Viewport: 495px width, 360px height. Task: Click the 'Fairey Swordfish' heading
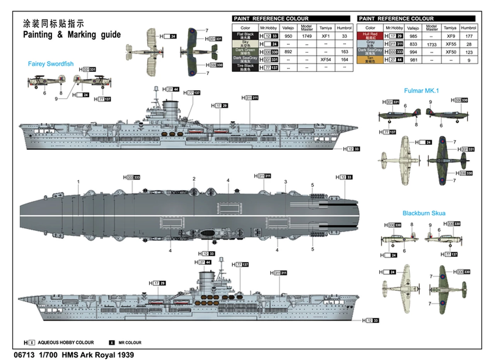click(50, 64)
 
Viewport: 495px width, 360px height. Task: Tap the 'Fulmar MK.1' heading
click(423, 90)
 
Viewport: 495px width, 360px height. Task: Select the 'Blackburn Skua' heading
click(424, 213)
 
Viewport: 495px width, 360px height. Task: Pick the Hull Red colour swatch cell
click(370, 36)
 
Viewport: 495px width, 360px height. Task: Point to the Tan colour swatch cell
click(370, 60)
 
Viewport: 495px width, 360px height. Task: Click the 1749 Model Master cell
click(307, 36)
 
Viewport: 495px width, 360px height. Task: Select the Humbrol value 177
click(468, 36)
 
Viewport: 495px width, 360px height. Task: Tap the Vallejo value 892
click(288, 52)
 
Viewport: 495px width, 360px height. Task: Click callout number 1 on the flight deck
click(78, 181)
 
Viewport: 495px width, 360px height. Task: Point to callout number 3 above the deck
click(285, 182)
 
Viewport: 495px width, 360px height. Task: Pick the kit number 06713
click(21, 354)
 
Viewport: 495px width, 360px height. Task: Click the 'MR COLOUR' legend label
click(130, 343)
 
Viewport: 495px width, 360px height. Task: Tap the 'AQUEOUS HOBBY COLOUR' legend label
click(66, 343)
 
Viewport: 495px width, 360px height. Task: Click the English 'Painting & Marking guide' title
click(72, 35)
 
